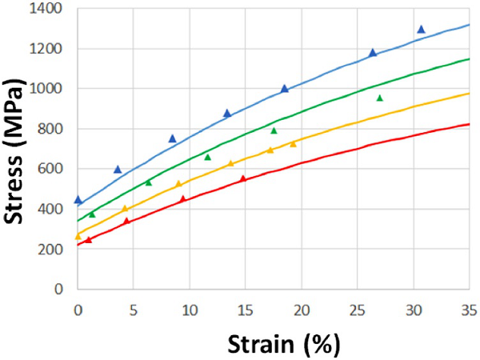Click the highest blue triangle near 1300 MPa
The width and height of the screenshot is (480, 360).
pyautogui.click(x=421, y=30)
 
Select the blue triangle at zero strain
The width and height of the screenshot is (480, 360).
pyautogui.click(x=78, y=199)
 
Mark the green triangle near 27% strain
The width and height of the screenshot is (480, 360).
pyautogui.click(x=380, y=98)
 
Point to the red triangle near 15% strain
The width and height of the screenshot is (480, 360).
pyautogui.click(x=243, y=178)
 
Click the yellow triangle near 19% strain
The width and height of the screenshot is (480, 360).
pyautogui.click(x=293, y=144)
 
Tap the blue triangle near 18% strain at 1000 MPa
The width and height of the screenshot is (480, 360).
pyautogui.click(x=285, y=89)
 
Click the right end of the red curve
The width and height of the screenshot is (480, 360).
pyautogui.click(x=468, y=124)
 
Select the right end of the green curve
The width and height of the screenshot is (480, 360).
pyautogui.click(x=468, y=58)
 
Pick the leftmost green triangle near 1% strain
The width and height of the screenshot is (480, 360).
pyautogui.click(x=92, y=214)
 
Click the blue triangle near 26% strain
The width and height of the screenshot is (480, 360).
pyautogui.click(x=373, y=53)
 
